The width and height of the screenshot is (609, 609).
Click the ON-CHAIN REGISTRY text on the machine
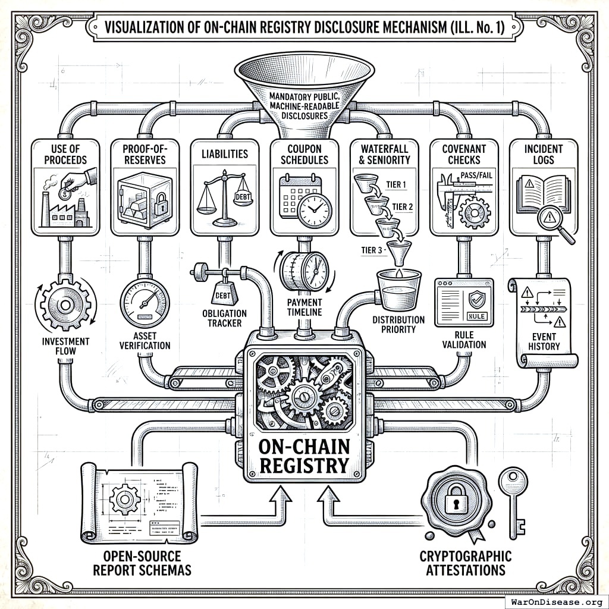pos(304,455)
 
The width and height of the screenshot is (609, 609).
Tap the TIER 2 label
pos(403,206)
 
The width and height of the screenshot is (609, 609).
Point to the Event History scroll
pos(543,321)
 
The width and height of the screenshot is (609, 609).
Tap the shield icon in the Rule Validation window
pos(476,299)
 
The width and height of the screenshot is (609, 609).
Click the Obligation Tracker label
pos(225,318)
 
